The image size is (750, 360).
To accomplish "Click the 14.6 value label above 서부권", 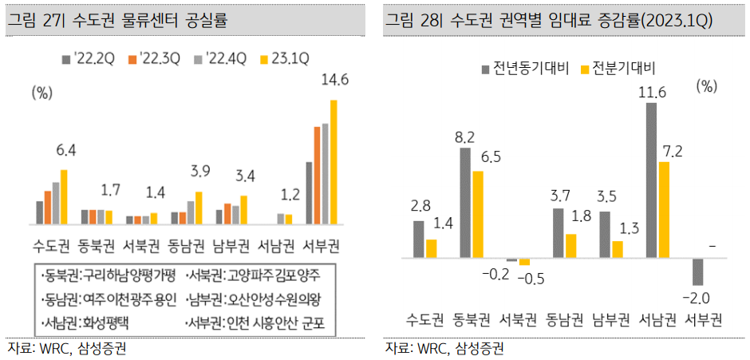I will [x=334, y=80].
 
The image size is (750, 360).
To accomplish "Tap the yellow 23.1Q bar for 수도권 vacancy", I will [x=65, y=197].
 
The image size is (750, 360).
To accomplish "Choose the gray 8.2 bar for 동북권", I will [x=465, y=203].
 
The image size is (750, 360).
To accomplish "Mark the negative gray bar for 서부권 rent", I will [x=699, y=272].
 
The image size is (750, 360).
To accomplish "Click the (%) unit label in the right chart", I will [x=707, y=86].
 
